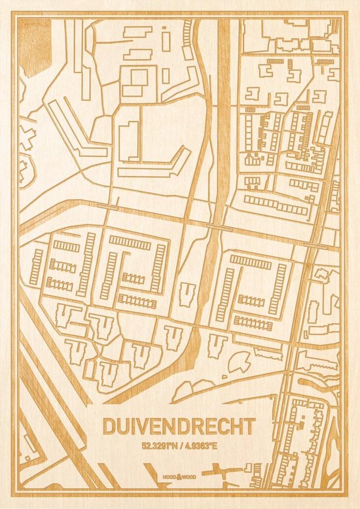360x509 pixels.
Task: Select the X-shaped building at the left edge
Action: point(26,137)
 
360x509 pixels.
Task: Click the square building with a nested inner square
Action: point(136,79)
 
